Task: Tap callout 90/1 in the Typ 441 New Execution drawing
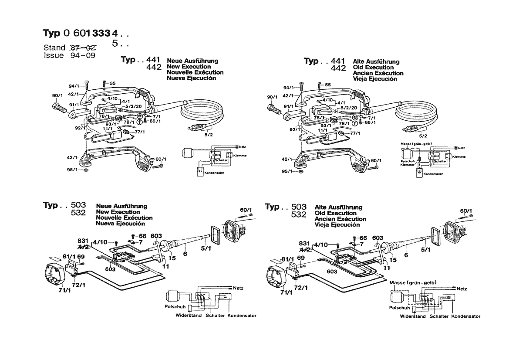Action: click(x=57, y=95)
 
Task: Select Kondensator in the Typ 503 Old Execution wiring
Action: click(x=466, y=316)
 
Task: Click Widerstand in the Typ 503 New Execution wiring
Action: click(x=189, y=315)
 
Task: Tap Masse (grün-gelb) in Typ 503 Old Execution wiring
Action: click(x=413, y=282)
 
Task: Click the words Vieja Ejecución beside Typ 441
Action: click(x=375, y=79)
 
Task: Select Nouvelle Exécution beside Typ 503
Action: click(x=124, y=217)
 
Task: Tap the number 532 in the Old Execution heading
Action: click(x=299, y=214)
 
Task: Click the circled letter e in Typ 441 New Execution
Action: click(x=140, y=117)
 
